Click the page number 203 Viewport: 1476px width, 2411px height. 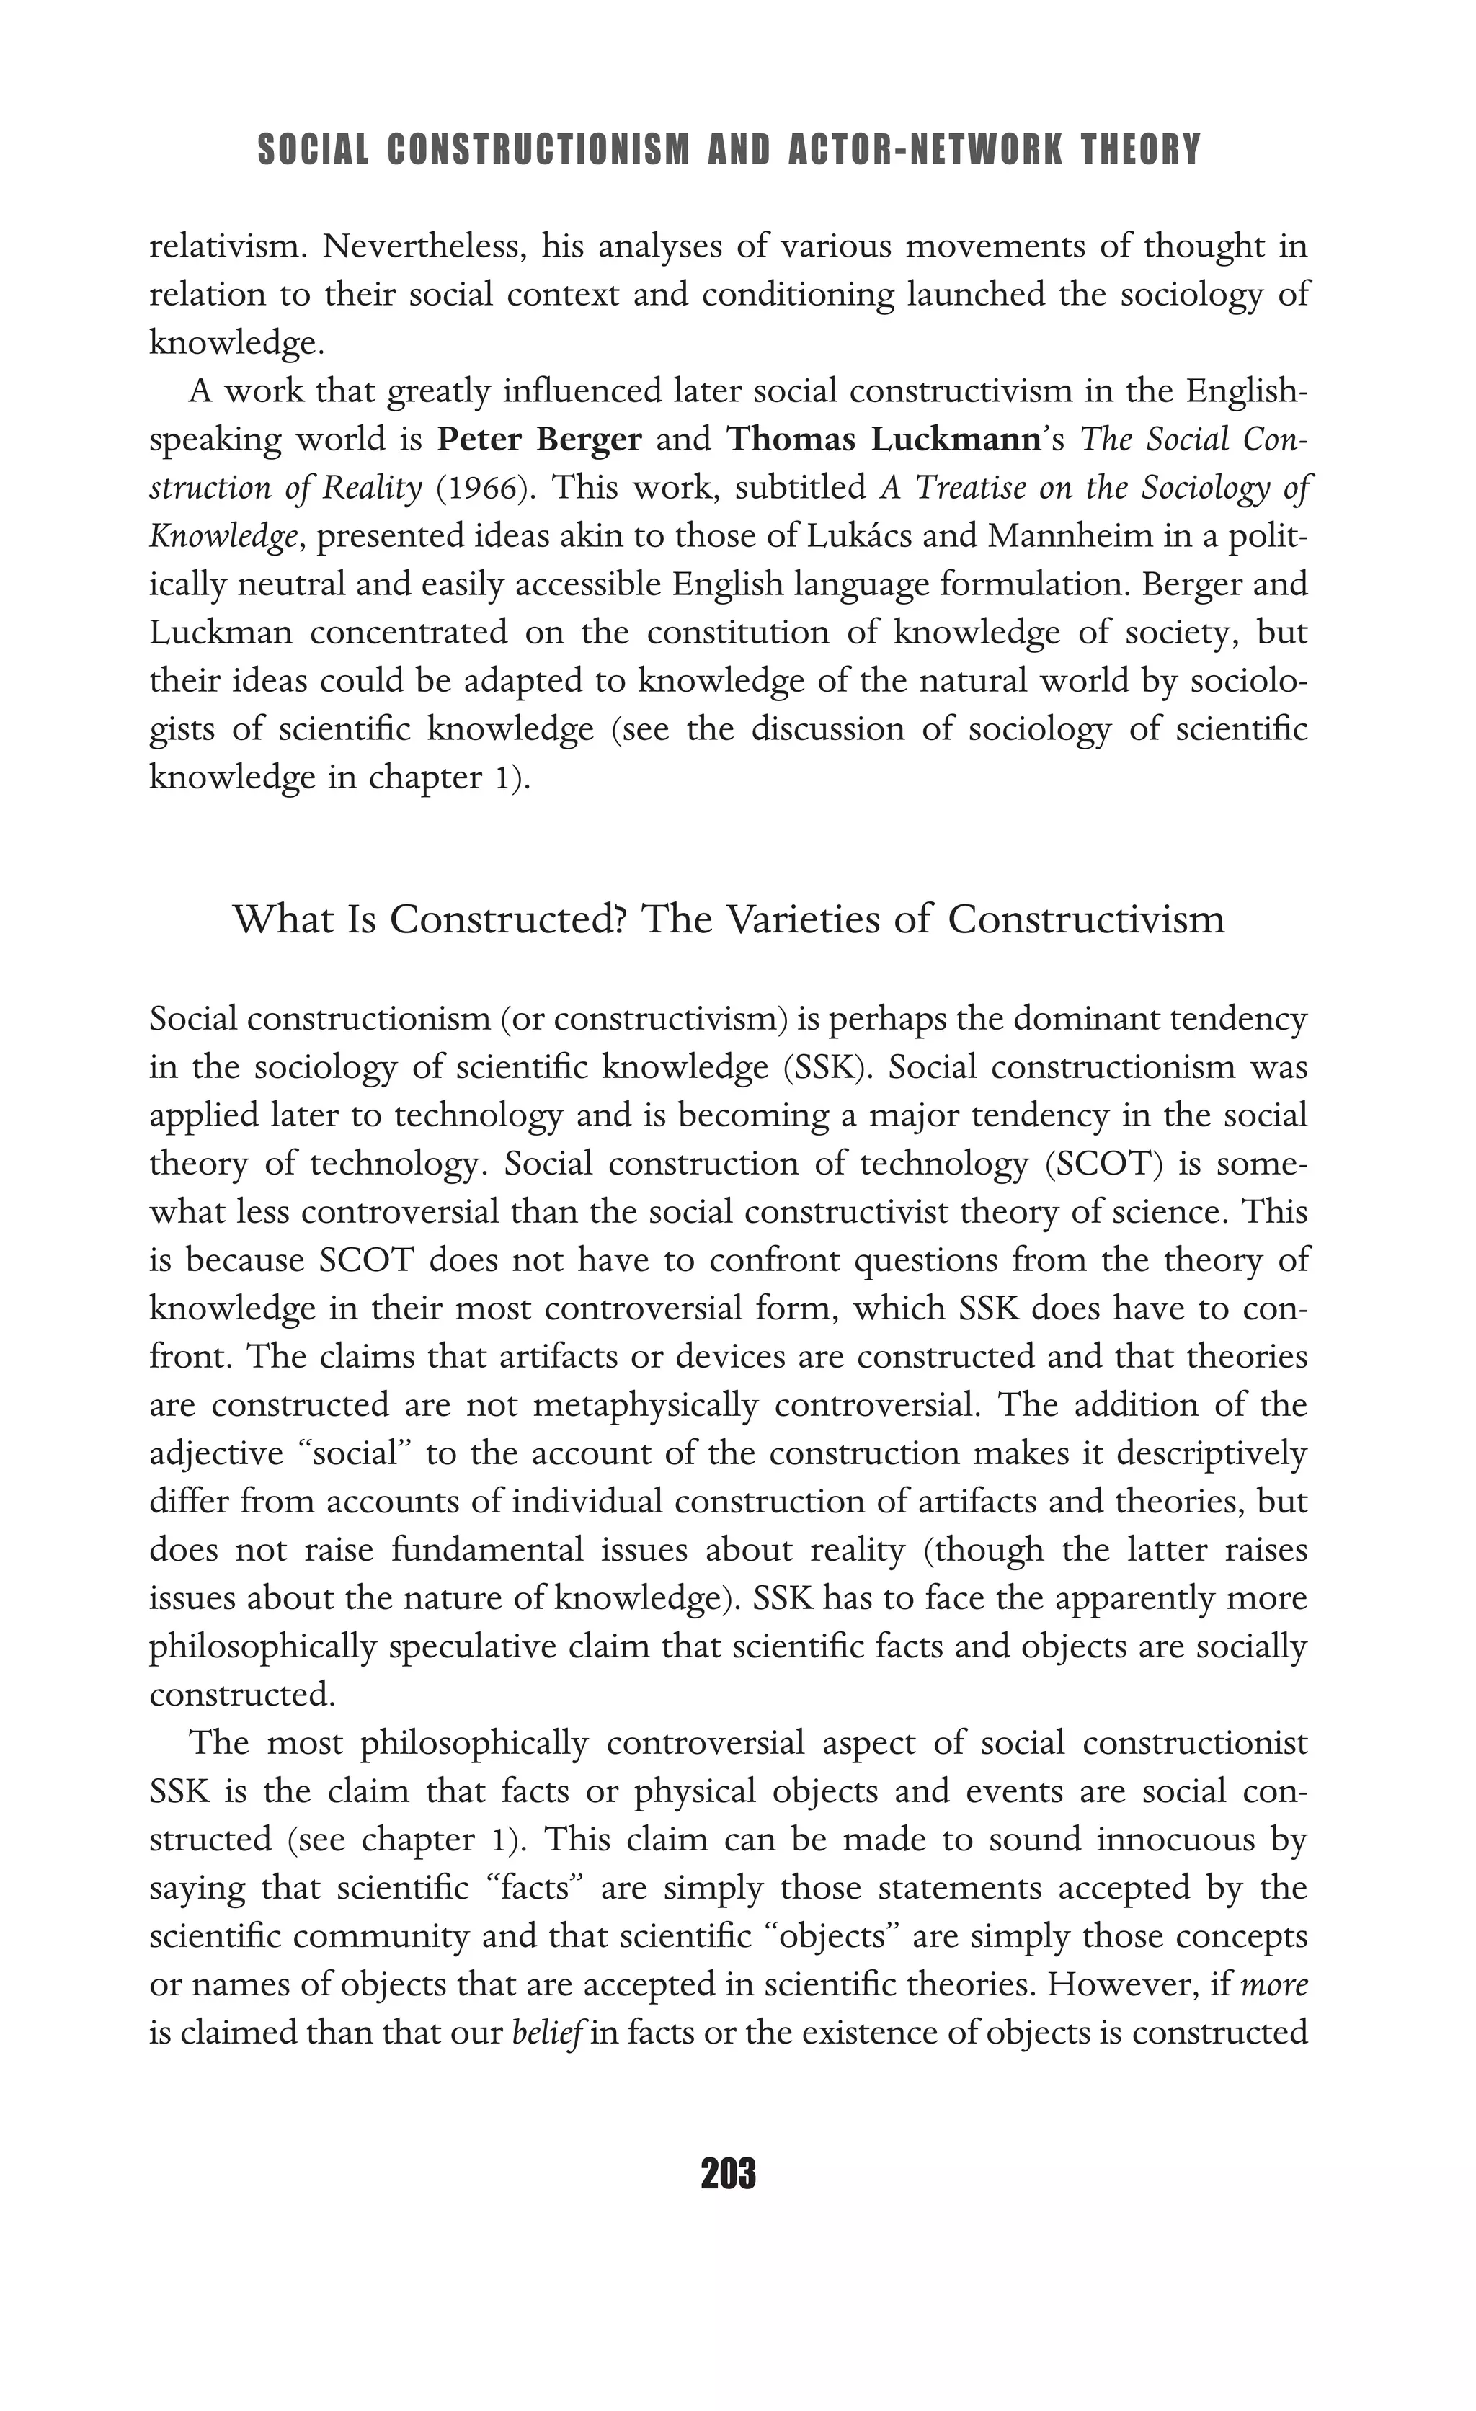click(x=728, y=2174)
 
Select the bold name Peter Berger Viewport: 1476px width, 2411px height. click(x=539, y=440)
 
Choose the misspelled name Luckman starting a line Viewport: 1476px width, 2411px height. click(x=221, y=633)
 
